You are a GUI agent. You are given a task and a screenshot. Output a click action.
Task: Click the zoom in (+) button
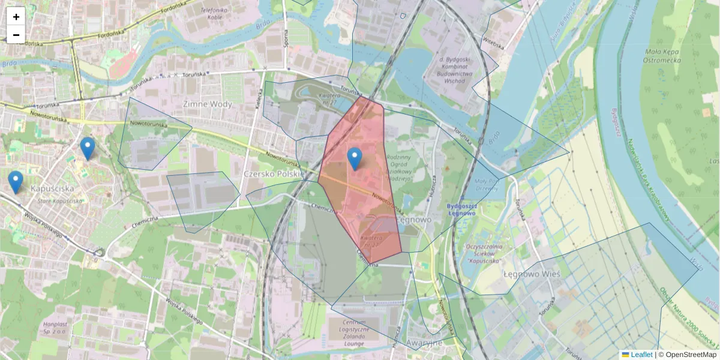(16, 17)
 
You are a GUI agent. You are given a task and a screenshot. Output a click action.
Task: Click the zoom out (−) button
(16, 35)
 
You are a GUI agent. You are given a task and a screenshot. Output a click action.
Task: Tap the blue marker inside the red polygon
(355, 158)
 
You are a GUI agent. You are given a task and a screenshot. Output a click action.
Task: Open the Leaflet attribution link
(641, 355)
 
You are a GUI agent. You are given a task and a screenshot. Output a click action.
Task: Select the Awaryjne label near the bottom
(424, 343)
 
